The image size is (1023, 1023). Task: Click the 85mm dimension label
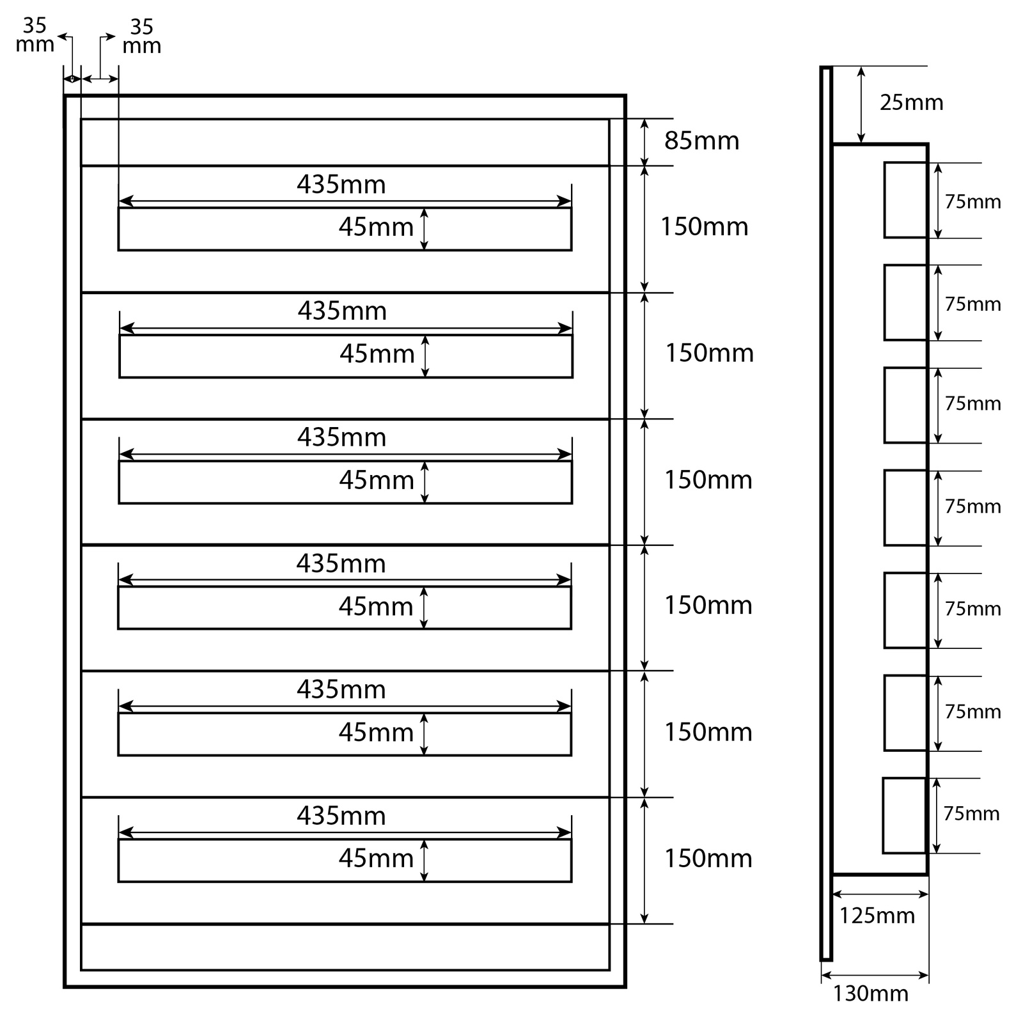[x=701, y=141]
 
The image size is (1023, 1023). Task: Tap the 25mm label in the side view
[x=911, y=102]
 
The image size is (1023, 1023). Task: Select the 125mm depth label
[x=877, y=916]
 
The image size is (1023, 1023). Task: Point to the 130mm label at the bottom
[x=870, y=993]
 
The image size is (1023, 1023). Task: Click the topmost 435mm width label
[x=341, y=185]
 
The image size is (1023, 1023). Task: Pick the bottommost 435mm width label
[x=341, y=816]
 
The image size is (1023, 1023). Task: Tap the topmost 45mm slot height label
[x=376, y=227]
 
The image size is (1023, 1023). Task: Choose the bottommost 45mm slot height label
[x=376, y=858]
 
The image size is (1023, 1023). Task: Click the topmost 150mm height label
[x=704, y=227]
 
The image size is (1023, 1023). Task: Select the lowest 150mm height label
[x=708, y=858]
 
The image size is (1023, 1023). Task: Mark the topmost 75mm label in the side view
[x=972, y=202]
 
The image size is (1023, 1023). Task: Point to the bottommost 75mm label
[x=971, y=814]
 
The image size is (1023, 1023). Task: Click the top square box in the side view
[x=905, y=200]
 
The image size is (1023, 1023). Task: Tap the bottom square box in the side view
[x=904, y=815]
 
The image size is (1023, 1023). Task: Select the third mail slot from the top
[x=345, y=482]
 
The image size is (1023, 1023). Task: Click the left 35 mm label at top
[x=35, y=35]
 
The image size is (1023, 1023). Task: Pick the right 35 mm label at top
[x=141, y=36]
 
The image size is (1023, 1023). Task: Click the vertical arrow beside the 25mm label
[x=861, y=105]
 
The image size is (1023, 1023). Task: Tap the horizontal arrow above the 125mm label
[x=880, y=894]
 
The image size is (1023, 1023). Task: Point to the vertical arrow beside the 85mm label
[x=644, y=142]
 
